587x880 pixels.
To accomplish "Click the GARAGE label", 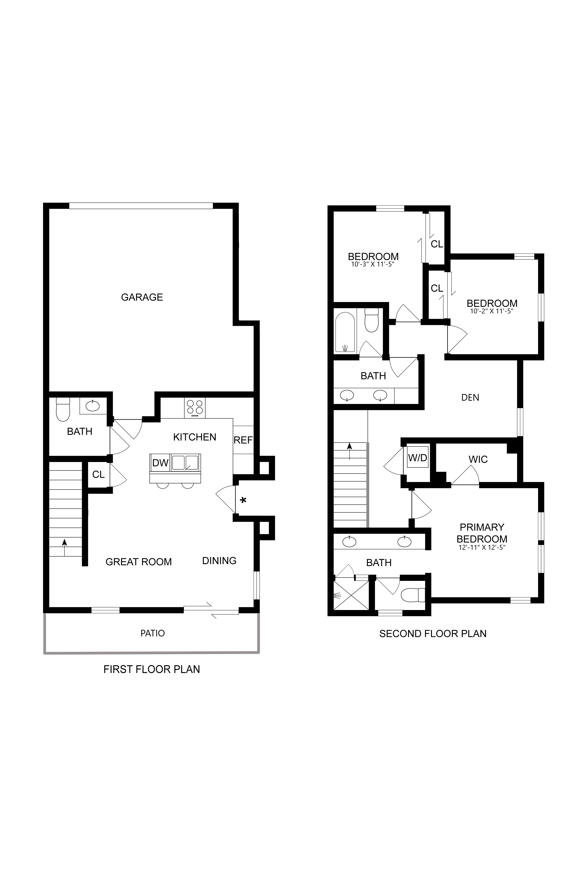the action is pos(142,297).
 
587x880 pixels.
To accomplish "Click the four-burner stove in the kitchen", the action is pos(195,408).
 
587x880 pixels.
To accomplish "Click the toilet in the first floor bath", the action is pos(63,409).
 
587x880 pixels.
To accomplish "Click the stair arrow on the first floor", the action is pos(64,547).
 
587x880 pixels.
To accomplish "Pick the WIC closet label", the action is pos(478,459).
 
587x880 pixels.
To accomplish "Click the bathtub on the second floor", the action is pos(345,332).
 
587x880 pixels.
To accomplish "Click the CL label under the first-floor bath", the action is pos(98,474).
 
